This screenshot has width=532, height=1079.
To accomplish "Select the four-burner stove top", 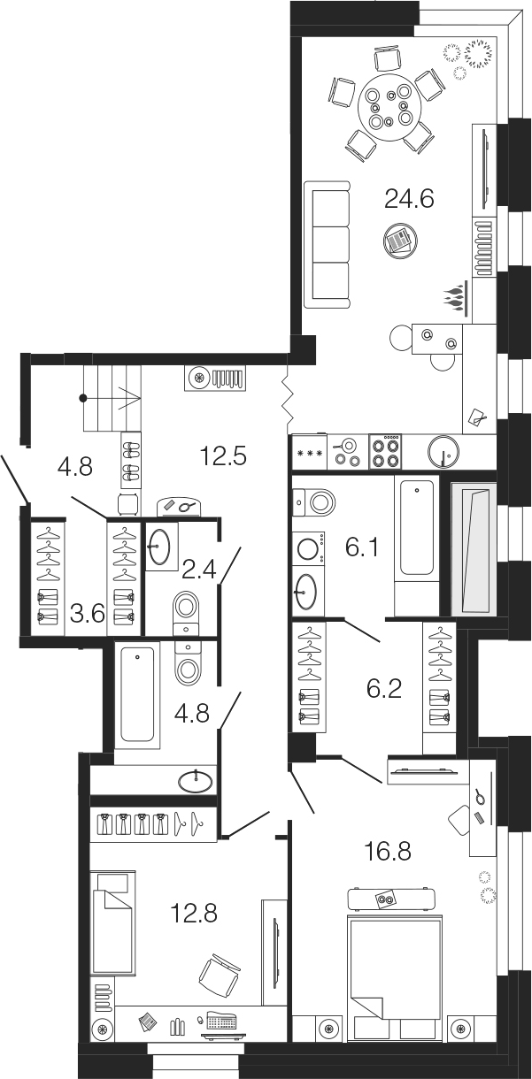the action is [x=386, y=452].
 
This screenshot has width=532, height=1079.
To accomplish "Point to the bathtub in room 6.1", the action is [x=416, y=528].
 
